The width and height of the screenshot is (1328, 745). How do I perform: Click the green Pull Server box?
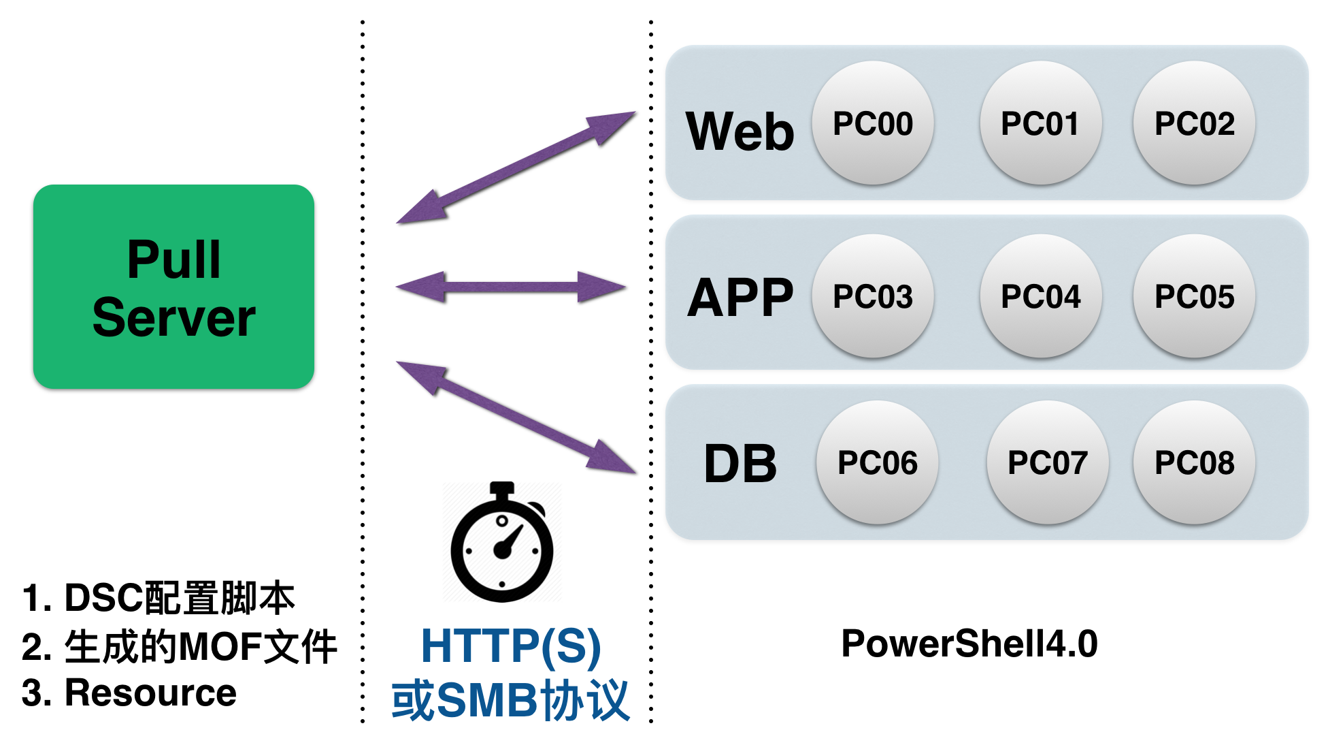pos(173,287)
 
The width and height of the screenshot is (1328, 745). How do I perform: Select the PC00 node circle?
pos(873,123)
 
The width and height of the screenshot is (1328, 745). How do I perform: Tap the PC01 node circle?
pos(1040,123)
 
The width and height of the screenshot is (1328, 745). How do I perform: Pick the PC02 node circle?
pos(1194,123)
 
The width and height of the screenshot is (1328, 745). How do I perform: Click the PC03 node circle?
pos(873,296)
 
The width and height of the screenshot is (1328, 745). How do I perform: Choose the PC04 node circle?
pos(1040,296)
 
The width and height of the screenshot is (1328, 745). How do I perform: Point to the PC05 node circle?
pos(1194,296)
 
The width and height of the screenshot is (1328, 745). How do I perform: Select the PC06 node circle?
pos(878,462)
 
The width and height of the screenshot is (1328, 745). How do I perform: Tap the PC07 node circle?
pos(1048,462)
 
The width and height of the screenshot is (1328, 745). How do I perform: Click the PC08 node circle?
pos(1194,462)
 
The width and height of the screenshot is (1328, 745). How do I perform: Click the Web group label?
pos(740,131)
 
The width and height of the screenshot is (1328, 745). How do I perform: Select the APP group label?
pos(740,298)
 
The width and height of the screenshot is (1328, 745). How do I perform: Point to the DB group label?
pos(740,464)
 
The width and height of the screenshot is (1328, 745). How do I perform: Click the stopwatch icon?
pos(502,545)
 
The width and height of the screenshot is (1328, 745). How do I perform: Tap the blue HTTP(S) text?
pos(511,646)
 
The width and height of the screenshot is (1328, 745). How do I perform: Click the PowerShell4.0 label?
pos(969,644)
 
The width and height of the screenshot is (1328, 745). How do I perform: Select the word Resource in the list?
pos(150,693)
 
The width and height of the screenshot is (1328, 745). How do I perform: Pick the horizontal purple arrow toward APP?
pos(511,287)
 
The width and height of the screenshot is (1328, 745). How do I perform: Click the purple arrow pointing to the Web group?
pos(516,168)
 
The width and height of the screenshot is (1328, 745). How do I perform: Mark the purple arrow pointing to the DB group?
pos(516,417)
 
